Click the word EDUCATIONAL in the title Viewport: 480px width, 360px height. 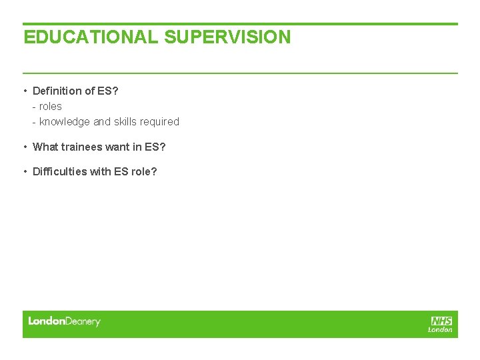point(91,37)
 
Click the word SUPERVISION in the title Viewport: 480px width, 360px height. point(227,37)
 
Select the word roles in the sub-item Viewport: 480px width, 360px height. point(51,107)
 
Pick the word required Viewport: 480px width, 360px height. point(160,122)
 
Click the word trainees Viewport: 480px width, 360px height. point(81,147)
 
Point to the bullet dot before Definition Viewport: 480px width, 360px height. point(25,91)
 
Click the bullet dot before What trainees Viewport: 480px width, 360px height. point(25,147)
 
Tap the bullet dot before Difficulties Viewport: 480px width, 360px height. point(25,171)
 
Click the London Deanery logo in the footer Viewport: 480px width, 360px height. point(64,321)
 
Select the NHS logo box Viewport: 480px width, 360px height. point(441,321)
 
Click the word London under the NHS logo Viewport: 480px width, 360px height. point(440,329)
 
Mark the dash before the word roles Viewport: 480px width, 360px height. point(34,107)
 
